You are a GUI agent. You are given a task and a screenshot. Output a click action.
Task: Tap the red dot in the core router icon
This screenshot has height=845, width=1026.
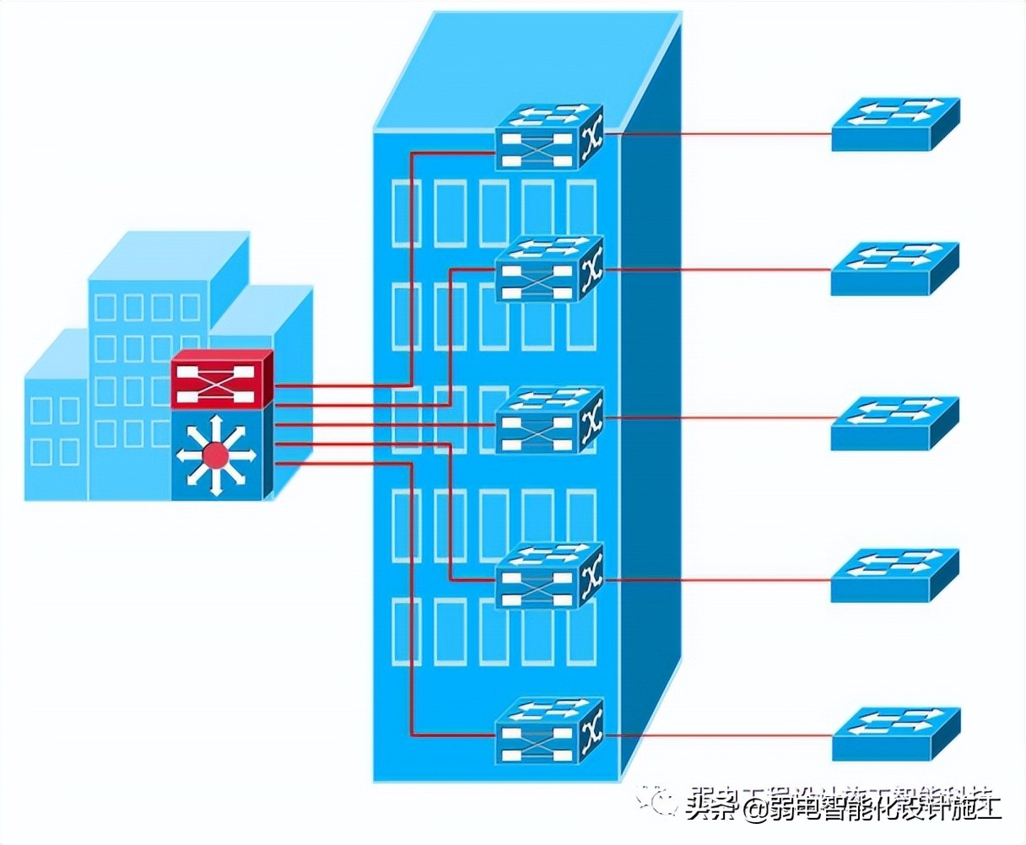tap(216, 456)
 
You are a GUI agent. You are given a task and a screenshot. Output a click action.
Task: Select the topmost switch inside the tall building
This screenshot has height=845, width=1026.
tap(549, 137)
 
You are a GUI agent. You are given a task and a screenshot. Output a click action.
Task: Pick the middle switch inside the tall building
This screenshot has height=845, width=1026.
tap(549, 420)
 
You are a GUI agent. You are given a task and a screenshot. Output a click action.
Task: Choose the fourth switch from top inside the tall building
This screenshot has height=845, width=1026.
tap(549, 577)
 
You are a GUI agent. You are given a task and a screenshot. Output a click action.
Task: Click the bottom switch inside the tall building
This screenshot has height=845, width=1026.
tap(549, 730)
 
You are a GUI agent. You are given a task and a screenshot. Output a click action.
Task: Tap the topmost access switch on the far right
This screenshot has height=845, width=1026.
tap(894, 124)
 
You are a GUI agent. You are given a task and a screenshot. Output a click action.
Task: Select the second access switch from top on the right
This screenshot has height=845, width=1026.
tap(894, 268)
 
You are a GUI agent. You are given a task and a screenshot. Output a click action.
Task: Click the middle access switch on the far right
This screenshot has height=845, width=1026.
tap(894, 422)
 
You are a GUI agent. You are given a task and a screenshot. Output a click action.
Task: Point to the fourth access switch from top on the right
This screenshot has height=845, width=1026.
tap(894, 575)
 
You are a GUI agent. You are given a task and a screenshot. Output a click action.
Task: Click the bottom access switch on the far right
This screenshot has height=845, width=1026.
tap(894, 732)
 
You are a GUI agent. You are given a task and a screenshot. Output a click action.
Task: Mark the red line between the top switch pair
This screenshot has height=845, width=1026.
tap(717, 133)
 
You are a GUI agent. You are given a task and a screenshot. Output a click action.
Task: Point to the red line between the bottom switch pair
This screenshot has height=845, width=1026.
tap(717, 735)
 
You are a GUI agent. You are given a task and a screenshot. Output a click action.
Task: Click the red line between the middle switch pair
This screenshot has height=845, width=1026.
tap(717, 417)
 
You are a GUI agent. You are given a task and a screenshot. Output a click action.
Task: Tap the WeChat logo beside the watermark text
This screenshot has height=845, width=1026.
tap(657, 799)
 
